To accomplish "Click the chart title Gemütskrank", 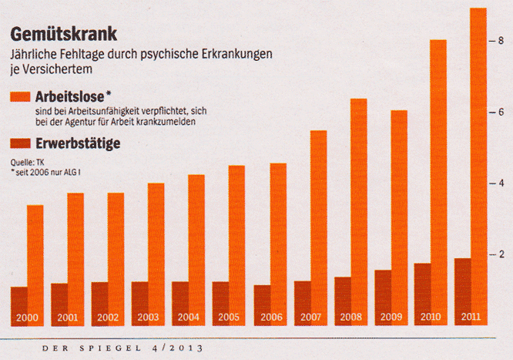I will (63, 35).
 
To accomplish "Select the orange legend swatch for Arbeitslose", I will (20, 97).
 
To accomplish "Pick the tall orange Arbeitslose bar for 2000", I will (35, 254).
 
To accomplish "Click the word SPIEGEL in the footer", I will (112, 349).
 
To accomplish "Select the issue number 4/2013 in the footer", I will (178, 349).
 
